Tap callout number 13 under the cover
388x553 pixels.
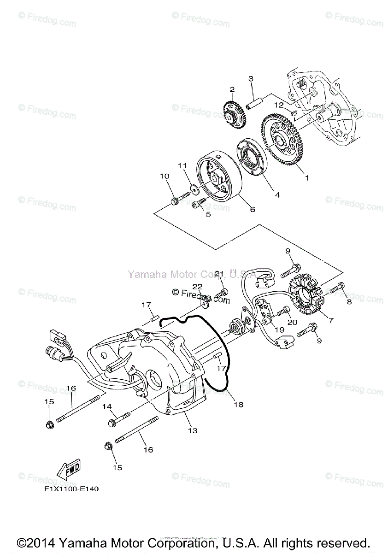192,430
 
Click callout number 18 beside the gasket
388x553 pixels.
238,405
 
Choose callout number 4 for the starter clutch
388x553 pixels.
277,195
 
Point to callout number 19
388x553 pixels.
279,329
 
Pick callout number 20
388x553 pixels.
292,322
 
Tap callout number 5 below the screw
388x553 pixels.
208,214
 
